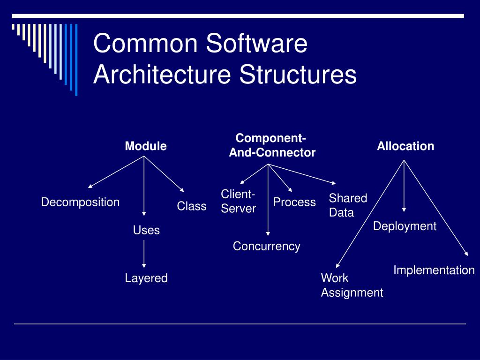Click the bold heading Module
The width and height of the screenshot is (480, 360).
(x=145, y=146)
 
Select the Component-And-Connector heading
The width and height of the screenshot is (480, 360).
(x=272, y=145)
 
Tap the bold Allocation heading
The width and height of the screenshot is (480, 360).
(x=405, y=146)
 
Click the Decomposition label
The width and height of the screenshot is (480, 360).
(x=80, y=202)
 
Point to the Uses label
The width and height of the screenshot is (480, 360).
(x=146, y=230)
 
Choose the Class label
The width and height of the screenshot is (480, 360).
(x=191, y=206)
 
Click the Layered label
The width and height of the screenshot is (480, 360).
(x=146, y=278)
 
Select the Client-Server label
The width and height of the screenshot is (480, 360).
(x=238, y=202)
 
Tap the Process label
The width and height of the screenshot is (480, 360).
(x=294, y=202)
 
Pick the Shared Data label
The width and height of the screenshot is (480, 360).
(x=348, y=205)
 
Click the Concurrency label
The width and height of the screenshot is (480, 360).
(x=266, y=247)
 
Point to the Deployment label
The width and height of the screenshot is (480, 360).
(x=405, y=226)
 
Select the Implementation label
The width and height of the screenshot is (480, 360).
(x=434, y=270)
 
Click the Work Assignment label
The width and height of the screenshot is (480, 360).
(x=352, y=285)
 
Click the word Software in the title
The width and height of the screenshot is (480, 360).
(x=257, y=44)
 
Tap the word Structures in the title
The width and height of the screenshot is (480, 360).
(x=298, y=75)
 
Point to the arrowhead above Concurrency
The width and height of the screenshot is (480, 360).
(x=268, y=233)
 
